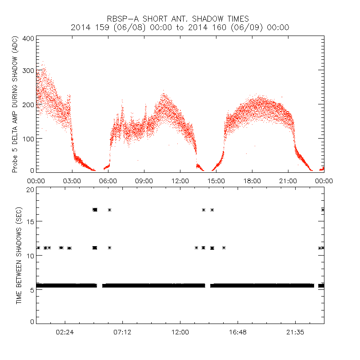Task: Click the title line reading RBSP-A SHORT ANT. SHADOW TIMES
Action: [178, 18]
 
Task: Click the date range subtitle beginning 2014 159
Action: [180, 27]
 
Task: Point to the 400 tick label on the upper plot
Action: [28, 39]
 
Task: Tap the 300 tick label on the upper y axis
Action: [28, 71]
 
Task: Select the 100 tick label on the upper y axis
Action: [28, 138]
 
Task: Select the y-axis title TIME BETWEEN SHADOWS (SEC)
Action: [19, 255]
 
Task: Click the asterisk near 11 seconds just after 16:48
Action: [224, 248]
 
